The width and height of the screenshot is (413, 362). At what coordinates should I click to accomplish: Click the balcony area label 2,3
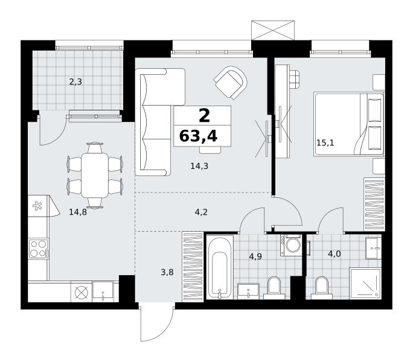pos(75,82)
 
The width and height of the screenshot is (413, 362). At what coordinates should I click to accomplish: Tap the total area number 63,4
pos(198,136)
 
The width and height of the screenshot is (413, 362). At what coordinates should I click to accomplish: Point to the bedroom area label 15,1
pos(325,143)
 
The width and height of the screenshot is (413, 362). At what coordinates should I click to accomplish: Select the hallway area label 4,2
pos(201,212)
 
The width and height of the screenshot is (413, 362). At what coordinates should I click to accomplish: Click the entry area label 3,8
pos(167,272)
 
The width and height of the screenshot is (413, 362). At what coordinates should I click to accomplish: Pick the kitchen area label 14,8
pos(78,212)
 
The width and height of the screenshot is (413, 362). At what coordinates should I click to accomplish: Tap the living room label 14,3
pos(199,166)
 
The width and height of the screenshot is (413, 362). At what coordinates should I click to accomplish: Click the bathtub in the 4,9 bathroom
pos(220,267)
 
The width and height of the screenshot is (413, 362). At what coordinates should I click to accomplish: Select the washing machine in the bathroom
pos(291,245)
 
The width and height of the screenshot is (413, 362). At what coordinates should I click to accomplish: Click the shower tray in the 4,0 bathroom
pos(365,284)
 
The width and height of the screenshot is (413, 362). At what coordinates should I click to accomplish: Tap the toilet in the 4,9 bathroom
pos(274,288)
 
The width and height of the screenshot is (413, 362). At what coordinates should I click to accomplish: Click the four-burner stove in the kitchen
pos(39,249)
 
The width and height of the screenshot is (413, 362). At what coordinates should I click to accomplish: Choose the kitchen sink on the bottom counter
pos(103,291)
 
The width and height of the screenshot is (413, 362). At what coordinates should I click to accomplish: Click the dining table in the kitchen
pos(95,175)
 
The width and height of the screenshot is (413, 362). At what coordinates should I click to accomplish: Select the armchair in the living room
pos(231,83)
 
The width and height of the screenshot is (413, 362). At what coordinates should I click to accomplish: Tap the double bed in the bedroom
pos(349,124)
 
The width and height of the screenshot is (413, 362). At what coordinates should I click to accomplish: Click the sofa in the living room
pos(160,122)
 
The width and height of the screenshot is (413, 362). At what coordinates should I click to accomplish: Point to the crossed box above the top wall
pos(273,30)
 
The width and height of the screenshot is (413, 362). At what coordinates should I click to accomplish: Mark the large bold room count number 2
pos(205,116)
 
